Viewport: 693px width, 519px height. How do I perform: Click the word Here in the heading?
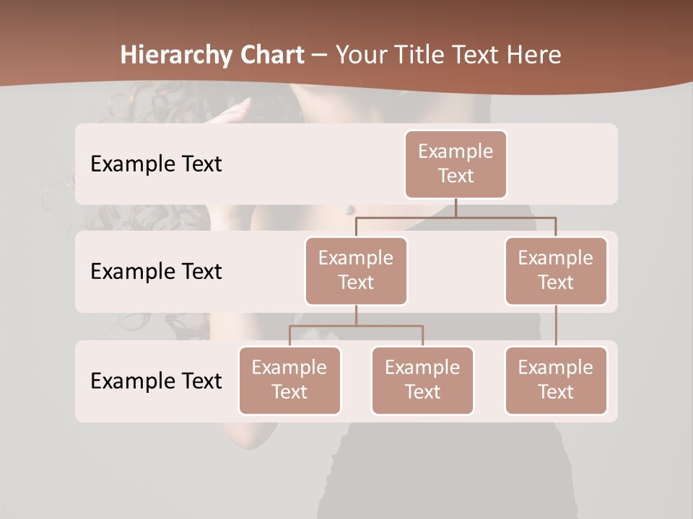tap(533, 55)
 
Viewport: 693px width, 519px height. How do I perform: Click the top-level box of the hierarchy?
tap(456, 164)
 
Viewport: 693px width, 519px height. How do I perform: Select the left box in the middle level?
tap(356, 270)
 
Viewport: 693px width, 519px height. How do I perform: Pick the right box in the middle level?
tap(556, 270)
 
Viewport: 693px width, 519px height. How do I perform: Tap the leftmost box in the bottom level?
tap(289, 380)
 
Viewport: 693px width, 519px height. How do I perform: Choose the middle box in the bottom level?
tap(422, 380)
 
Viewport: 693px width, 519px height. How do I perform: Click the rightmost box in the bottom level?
tap(556, 380)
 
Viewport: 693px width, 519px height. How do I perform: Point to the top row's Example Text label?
tap(156, 164)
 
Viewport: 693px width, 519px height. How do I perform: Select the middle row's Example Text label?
tap(156, 271)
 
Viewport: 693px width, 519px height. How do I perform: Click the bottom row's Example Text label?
tap(156, 381)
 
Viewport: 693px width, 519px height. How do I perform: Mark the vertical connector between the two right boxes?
tap(556, 325)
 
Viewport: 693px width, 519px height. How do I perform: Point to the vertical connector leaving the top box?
tap(456, 208)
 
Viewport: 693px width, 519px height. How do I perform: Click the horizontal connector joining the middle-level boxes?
tap(456, 217)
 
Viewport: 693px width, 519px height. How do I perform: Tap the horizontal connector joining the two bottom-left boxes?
tap(356, 326)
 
